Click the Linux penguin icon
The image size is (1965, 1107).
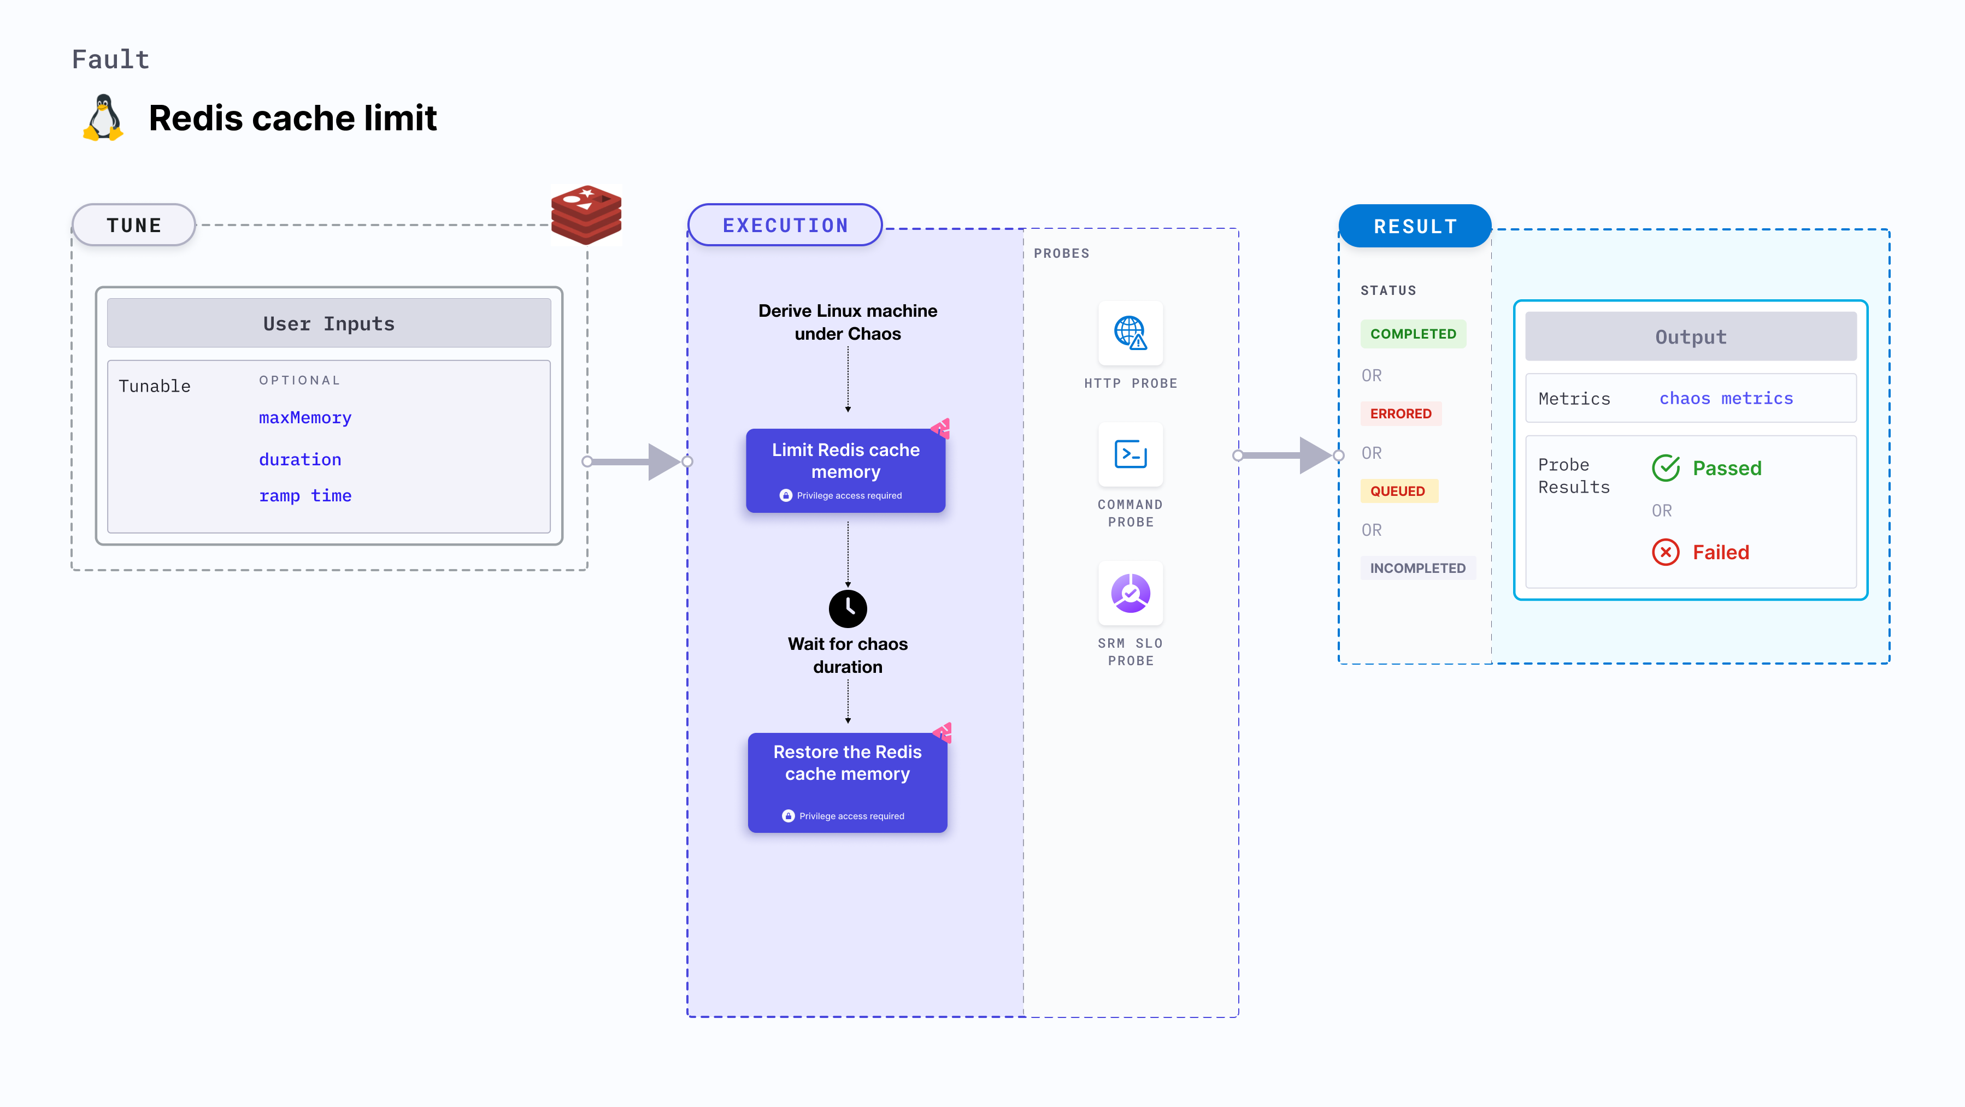[x=103, y=118]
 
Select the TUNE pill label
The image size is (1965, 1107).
[x=134, y=226]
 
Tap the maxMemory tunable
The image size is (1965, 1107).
[x=305, y=418]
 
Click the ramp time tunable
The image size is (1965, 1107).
[x=305, y=495]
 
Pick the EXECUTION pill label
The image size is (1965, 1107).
[x=785, y=226]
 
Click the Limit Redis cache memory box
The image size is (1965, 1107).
[x=845, y=470]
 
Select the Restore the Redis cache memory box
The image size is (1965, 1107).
[x=848, y=782]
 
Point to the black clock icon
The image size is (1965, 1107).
[x=848, y=608]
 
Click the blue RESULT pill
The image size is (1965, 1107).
[x=1415, y=227]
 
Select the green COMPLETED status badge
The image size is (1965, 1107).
[x=1413, y=334]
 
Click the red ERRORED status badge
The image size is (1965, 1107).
[x=1401, y=414]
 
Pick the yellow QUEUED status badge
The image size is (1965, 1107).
[x=1397, y=491]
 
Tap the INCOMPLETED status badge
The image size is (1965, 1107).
[x=1417, y=568]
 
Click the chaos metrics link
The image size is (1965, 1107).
[x=1726, y=398]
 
